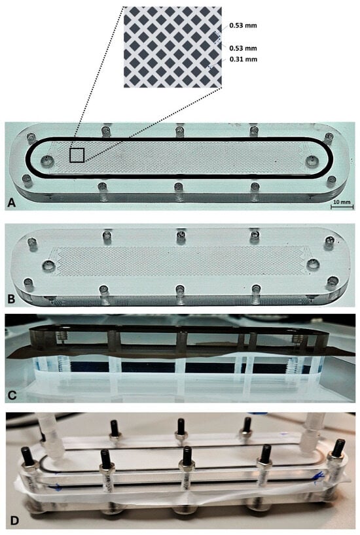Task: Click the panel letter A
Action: [12, 203]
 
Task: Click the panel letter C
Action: [12, 395]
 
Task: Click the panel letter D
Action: [14, 521]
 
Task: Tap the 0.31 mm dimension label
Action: [243, 60]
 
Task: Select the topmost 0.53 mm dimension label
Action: [243, 26]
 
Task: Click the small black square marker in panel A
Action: [77, 155]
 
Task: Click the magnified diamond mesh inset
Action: [172, 47]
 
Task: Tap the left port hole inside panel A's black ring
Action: [46, 160]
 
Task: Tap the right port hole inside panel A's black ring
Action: [312, 160]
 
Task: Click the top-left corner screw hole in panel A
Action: [32, 137]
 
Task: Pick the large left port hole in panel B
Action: [49, 265]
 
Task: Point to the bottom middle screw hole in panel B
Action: [179, 290]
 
